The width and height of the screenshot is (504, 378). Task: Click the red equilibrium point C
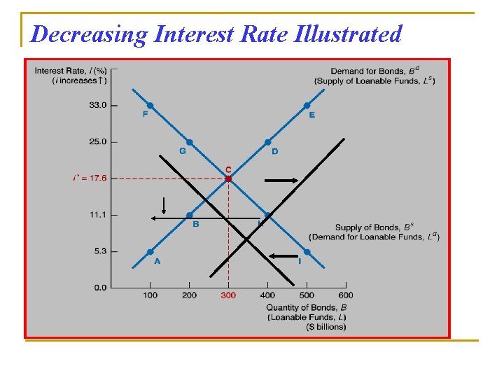228,178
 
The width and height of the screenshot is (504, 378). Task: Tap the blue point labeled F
150,106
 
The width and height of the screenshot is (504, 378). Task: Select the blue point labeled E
307,106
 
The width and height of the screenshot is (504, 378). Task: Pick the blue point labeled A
150,251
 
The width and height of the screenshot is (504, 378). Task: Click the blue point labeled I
307,251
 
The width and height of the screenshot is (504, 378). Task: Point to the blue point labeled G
189,142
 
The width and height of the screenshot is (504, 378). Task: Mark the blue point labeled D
267,142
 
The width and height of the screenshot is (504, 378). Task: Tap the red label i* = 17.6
90,178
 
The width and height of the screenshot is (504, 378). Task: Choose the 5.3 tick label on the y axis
99,251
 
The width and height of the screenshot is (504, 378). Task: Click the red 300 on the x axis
228,295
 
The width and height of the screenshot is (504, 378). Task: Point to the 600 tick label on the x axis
346,295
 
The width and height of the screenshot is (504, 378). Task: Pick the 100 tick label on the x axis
150,295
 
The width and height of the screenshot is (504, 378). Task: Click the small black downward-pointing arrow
163,206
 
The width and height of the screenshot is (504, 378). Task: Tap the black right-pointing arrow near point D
281,181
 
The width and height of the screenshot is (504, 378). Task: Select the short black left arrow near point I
283,257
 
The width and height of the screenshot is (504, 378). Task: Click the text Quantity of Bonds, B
306,307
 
